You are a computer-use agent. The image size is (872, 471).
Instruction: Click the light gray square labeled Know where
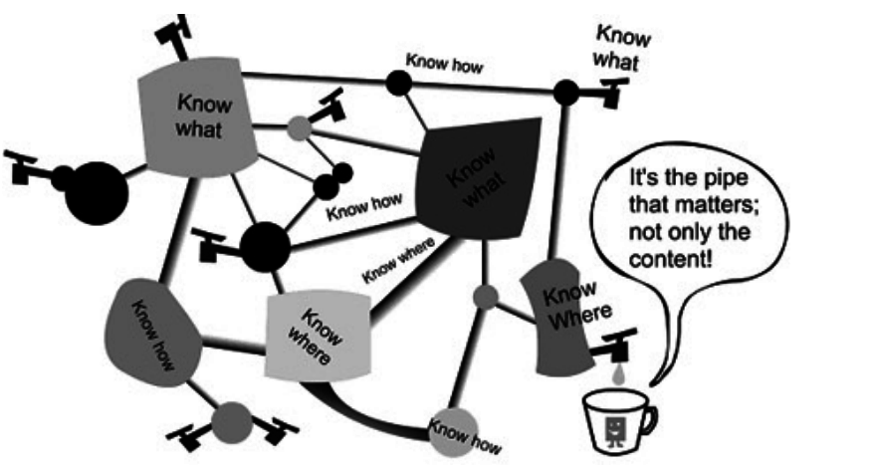pos(317,337)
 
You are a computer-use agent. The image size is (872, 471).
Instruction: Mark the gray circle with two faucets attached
pos(230,419)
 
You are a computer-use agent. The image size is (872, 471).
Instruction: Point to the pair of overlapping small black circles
pos(333,180)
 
